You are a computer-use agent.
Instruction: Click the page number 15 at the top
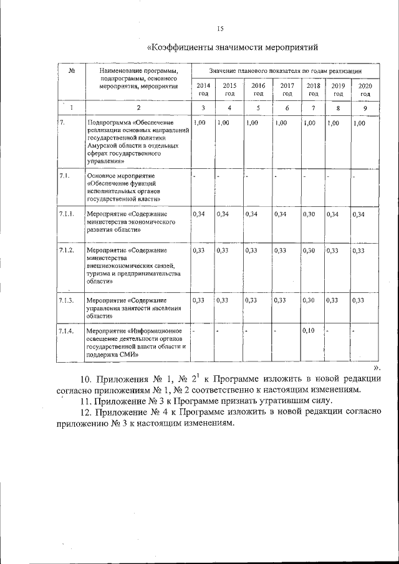(x=219, y=28)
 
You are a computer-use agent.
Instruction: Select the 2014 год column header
(x=203, y=89)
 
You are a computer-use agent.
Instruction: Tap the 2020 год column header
(x=365, y=89)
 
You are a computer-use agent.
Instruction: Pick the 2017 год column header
(x=287, y=89)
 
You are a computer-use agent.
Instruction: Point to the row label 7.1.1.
(x=67, y=214)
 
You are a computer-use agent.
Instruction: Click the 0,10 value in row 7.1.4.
(x=309, y=330)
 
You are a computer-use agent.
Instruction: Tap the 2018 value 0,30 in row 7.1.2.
(x=309, y=251)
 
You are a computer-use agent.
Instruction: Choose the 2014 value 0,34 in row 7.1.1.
(x=199, y=214)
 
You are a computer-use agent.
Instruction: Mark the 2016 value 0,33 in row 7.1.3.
(x=251, y=300)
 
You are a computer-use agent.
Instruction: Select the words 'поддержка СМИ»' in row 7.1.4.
(x=113, y=355)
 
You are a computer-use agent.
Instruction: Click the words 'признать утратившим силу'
(x=281, y=400)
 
